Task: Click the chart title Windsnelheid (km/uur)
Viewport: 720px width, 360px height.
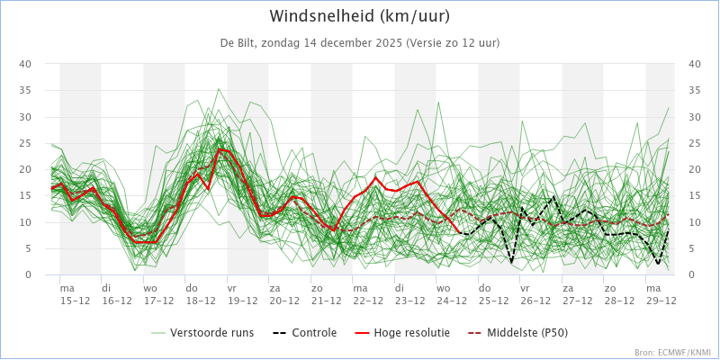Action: pos(360,16)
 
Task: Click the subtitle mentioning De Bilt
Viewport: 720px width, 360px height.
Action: pos(360,42)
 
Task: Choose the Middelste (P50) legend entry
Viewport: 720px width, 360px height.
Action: pos(516,332)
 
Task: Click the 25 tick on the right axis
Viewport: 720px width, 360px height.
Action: pos(695,143)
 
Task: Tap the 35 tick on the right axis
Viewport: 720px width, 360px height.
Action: pos(695,90)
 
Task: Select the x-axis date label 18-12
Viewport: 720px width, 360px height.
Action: pos(201,301)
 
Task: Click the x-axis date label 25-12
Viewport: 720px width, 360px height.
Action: pos(494,301)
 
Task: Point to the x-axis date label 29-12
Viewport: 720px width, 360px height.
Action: pos(661,301)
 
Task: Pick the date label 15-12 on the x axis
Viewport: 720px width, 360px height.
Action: pos(75,301)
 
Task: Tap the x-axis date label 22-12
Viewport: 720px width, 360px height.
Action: pos(368,301)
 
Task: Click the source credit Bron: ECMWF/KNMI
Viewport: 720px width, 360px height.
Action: pos(671,352)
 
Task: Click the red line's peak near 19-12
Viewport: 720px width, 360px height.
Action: pos(220,149)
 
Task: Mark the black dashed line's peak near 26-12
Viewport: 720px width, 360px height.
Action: pos(553,195)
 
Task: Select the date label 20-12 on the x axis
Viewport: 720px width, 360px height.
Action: pos(284,301)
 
